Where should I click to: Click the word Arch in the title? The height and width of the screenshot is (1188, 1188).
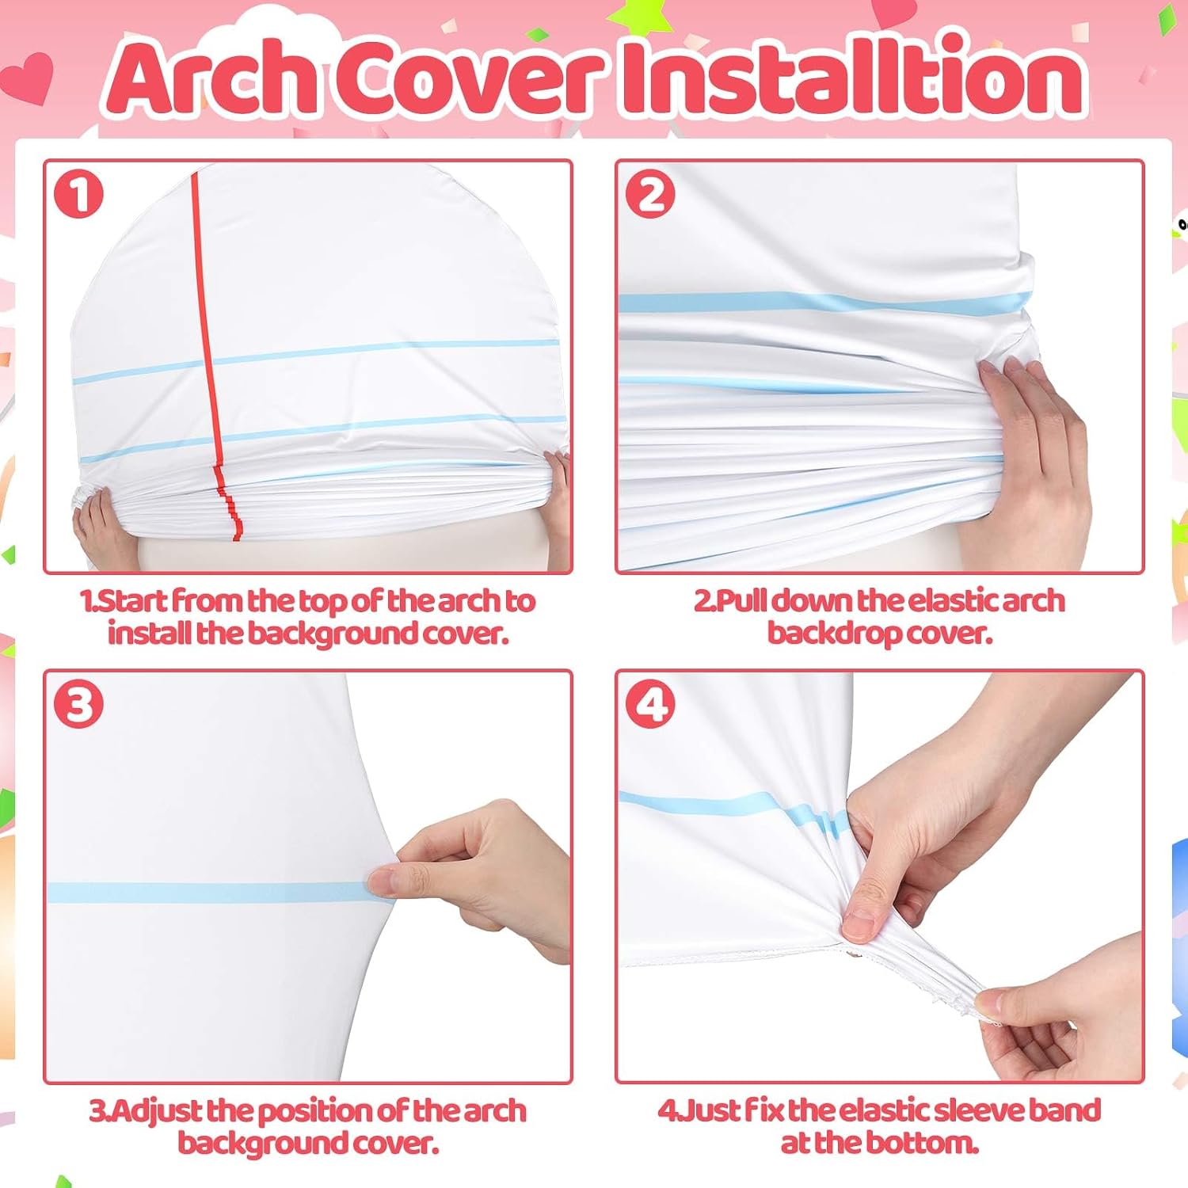coord(212,77)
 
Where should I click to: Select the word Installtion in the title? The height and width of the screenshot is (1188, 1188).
coord(854,77)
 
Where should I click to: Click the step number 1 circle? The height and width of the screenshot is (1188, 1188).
coord(78,194)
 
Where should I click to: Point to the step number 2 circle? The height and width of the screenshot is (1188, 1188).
coord(650,194)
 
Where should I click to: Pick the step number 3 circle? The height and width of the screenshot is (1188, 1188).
coord(78,704)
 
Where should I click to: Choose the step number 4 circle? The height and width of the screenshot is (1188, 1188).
coord(650,704)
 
